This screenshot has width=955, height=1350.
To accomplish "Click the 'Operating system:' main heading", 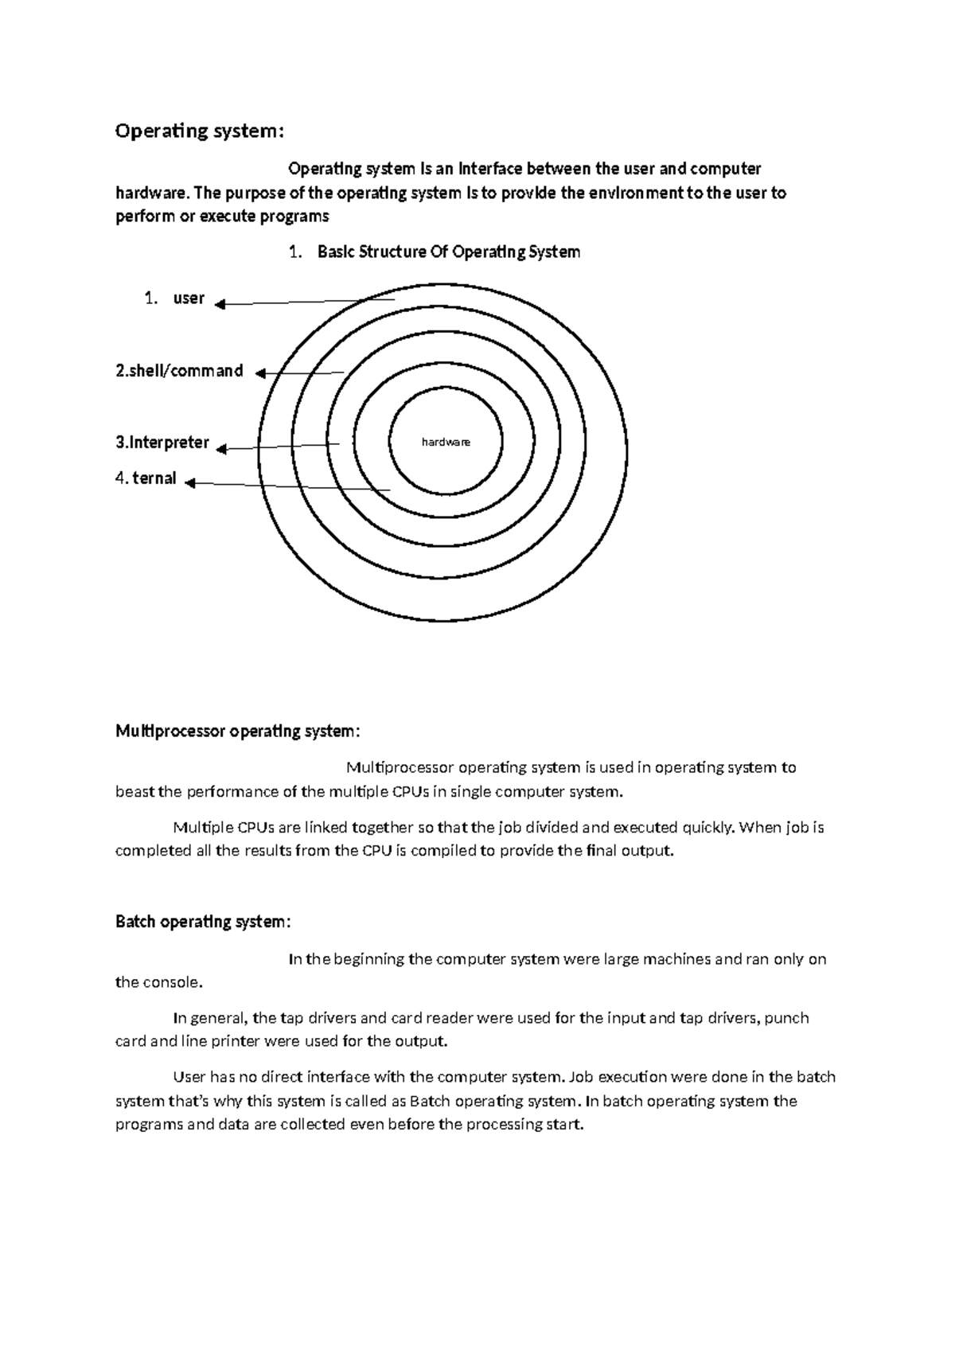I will pos(199,131).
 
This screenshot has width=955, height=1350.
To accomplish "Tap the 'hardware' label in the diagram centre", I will pos(446,442).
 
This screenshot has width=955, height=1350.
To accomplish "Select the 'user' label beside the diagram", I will pos(189,298).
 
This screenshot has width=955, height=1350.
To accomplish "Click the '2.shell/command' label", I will pos(179,371).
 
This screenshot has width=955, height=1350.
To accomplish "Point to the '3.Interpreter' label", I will pos(162,443).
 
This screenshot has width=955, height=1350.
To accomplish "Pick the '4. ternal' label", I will pos(146,479).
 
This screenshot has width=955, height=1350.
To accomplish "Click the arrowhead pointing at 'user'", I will pos(220,304).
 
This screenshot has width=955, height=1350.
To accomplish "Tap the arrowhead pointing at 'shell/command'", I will pos(259,373).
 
